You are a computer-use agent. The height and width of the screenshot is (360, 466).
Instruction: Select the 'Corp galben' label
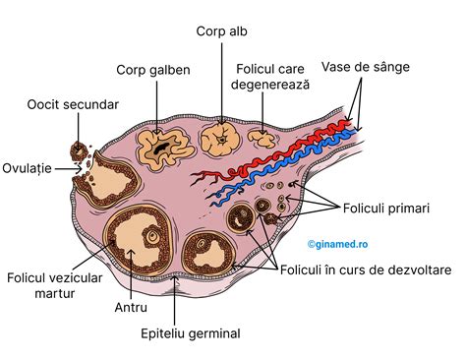(152, 70)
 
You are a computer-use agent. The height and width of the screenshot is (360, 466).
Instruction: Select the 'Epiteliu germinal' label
(191, 333)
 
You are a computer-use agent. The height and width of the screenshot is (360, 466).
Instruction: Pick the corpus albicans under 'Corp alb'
(220, 139)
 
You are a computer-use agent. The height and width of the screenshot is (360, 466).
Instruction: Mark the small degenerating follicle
(260, 138)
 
